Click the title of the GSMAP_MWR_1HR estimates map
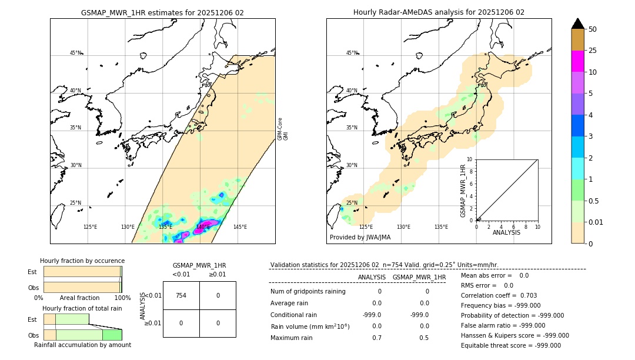click(x=162, y=12)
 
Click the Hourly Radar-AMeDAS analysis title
click(x=439, y=12)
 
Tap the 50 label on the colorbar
click(x=593, y=29)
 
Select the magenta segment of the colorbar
click(x=578, y=61)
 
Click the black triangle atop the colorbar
click(x=578, y=24)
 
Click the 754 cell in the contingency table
click(x=181, y=295)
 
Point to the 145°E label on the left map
click(x=240, y=227)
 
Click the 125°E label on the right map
click(x=366, y=227)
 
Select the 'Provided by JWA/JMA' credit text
click(x=360, y=237)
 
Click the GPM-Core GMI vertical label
click(x=282, y=129)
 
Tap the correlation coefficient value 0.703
click(x=524, y=295)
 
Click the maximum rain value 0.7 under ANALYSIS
click(x=377, y=338)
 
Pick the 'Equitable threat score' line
click(x=510, y=345)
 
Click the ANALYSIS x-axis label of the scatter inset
click(x=507, y=232)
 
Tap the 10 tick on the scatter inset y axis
click(x=470, y=159)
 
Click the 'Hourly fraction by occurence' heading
click(x=82, y=261)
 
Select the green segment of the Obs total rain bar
click(x=112, y=335)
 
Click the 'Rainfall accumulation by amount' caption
click(x=82, y=345)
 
